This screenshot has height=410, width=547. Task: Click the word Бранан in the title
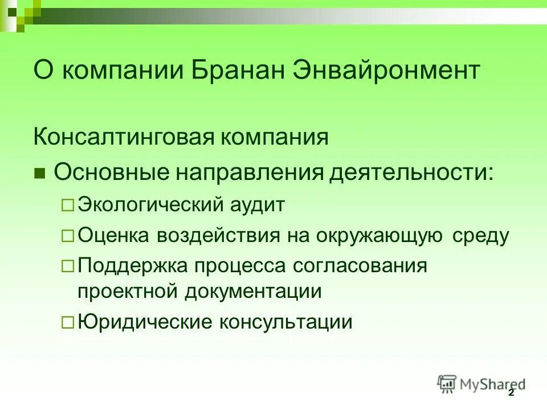coord(243,71)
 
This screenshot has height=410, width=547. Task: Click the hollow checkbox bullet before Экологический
coord(67,205)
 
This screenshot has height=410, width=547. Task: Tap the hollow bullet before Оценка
coord(67,235)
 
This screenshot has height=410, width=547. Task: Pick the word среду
coord(480,235)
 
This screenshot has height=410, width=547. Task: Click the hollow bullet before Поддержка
coord(67,265)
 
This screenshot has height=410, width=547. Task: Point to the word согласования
coord(360,265)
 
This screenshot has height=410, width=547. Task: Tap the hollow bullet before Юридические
coord(67,323)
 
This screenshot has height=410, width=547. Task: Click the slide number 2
coord(511,393)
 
